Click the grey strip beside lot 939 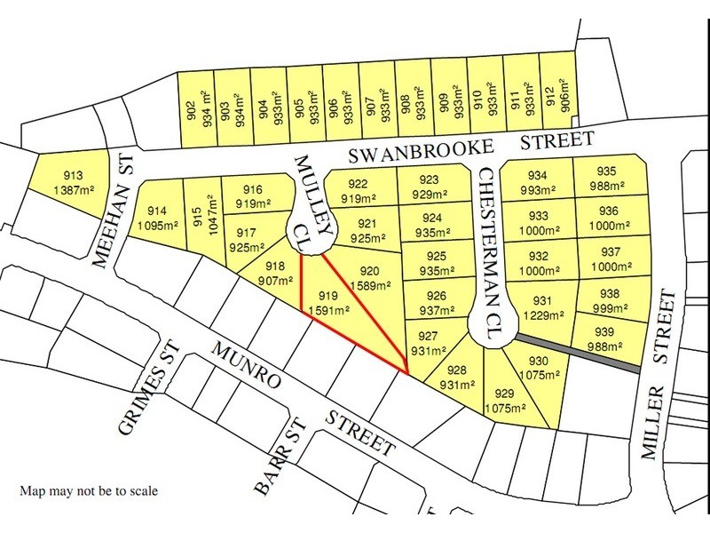577,353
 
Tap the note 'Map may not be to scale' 90,489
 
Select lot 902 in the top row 197,106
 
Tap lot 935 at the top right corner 608,179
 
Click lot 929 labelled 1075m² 505,400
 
